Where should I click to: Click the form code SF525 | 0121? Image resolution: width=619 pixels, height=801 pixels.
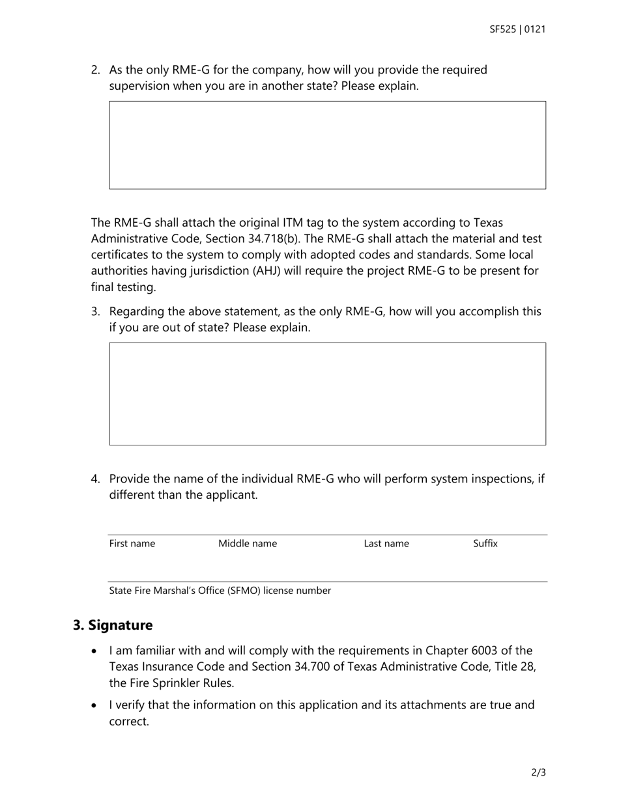point(517,29)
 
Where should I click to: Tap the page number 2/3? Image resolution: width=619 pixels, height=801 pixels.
point(538,773)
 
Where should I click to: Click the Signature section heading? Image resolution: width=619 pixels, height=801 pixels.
point(113,625)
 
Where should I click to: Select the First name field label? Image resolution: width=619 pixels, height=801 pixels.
point(132,544)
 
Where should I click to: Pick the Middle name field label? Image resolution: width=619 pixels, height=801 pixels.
point(248,544)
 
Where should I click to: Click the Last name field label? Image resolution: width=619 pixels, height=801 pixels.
point(386,544)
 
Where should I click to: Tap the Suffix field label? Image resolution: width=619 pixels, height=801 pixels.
point(485,543)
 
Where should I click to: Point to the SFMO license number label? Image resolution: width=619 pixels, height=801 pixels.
point(220,591)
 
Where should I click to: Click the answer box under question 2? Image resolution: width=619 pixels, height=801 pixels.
point(327,145)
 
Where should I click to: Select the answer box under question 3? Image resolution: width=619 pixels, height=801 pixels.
point(327,394)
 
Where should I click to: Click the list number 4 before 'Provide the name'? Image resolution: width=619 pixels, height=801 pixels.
point(95,479)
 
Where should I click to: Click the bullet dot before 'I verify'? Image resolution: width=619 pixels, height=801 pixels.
point(95,705)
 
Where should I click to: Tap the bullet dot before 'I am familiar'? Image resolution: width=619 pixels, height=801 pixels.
point(95,651)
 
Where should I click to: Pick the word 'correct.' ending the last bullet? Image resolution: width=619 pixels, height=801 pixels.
point(129,722)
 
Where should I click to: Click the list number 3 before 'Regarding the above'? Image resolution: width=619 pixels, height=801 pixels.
point(95,312)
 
